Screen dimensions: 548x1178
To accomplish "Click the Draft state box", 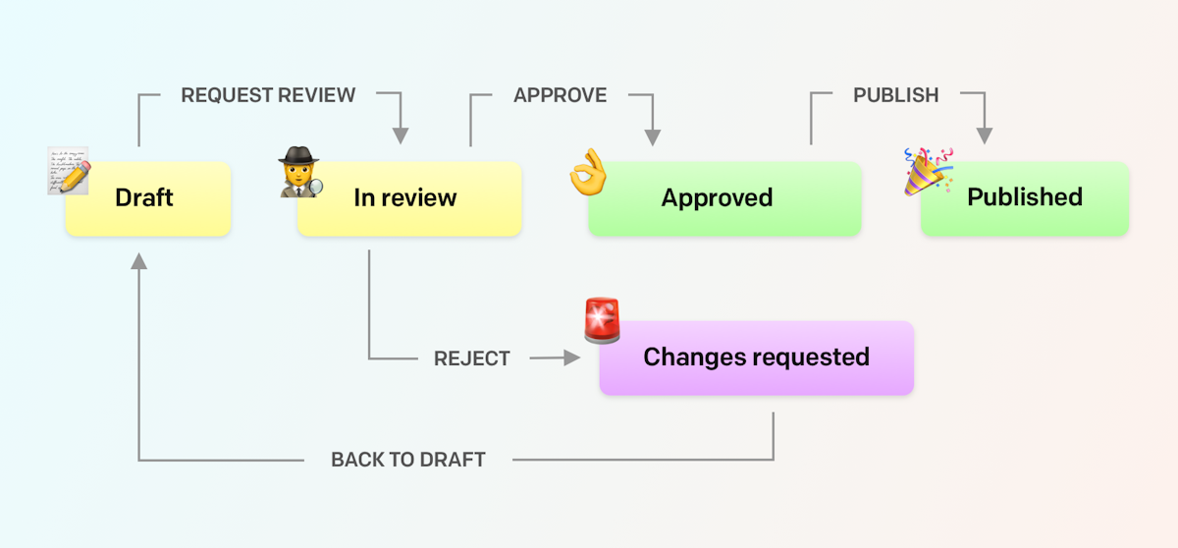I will coord(147,198).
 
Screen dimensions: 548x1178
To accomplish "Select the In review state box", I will coord(409,198).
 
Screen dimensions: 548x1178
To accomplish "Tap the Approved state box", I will coord(724,198).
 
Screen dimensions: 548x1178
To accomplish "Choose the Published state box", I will coord(1025,197).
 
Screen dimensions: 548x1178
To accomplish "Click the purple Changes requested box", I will coord(756,357).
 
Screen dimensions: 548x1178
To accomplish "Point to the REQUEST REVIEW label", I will coord(268,95).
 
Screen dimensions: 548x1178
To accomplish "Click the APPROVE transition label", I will coord(560,95).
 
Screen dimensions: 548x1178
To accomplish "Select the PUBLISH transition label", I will coord(895,95).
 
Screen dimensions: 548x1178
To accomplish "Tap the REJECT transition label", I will coord(472,359).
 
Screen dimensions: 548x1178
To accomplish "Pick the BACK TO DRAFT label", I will coord(408,460).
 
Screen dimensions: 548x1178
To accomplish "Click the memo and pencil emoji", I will coord(69,170).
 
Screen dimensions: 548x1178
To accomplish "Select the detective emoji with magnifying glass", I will coord(299,172).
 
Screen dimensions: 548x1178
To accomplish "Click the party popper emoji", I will coord(928,171).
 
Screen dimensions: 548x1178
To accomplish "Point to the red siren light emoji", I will coord(602,321).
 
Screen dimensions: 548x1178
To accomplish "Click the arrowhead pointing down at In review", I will coord(401,137).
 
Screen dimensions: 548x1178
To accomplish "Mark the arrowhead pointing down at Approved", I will coord(652,137).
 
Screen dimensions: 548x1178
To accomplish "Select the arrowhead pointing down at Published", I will coord(984,137).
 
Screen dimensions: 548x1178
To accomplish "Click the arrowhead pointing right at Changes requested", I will coord(572,359).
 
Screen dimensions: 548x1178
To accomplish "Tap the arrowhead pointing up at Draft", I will coord(138,260).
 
